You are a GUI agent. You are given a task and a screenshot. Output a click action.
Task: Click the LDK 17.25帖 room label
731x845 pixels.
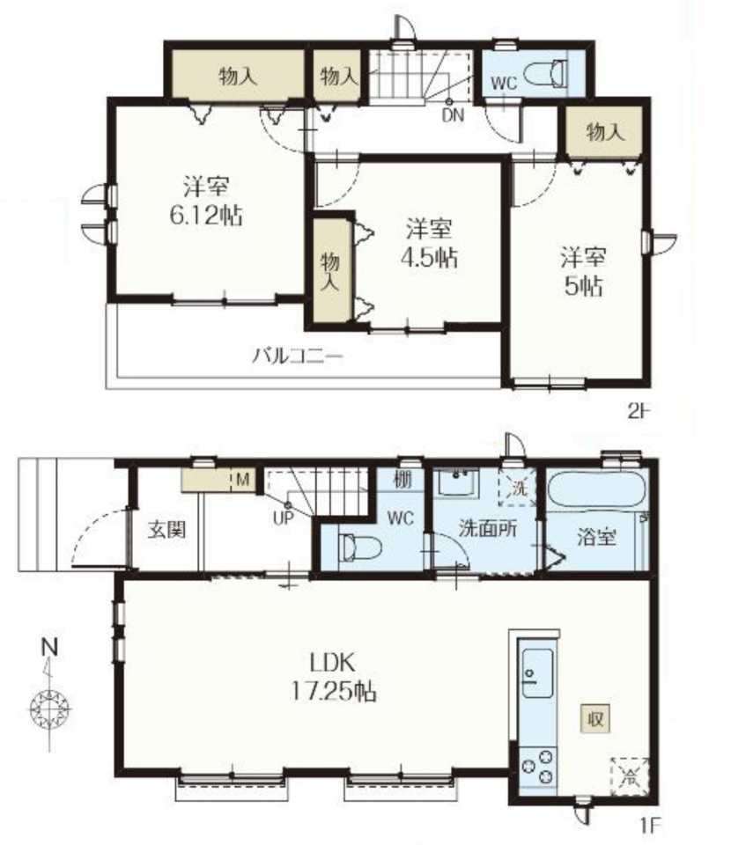pyautogui.click(x=334, y=676)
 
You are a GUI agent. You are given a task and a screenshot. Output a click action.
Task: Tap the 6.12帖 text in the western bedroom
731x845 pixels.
pyautogui.click(x=206, y=216)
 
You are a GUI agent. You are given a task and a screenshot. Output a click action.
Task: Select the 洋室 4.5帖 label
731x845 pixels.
pyautogui.click(x=429, y=244)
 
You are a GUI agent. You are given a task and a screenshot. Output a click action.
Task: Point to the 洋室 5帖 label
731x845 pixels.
pyautogui.click(x=583, y=272)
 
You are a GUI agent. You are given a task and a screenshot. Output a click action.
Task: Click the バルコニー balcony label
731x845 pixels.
pyautogui.click(x=298, y=356)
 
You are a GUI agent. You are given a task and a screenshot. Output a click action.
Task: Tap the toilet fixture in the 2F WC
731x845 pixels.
pyautogui.click(x=545, y=73)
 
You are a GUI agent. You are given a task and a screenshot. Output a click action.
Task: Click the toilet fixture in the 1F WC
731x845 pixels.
pyautogui.click(x=359, y=548)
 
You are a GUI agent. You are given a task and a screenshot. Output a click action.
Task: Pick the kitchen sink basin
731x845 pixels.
pyautogui.click(x=537, y=673)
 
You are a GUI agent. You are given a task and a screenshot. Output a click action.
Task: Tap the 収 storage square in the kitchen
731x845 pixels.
pyautogui.click(x=595, y=718)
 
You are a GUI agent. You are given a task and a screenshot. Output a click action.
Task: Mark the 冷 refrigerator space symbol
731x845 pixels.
pyautogui.click(x=629, y=776)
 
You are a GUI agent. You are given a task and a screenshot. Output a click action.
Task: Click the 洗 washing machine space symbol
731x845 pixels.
pyautogui.click(x=518, y=488)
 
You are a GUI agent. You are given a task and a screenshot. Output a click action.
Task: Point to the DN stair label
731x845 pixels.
pyautogui.click(x=453, y=114)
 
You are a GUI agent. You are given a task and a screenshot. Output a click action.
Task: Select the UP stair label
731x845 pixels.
pyautogui.click(x=284, y=518)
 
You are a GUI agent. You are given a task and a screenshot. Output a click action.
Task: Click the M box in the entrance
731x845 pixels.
pyautogui.click(x=243, y=480)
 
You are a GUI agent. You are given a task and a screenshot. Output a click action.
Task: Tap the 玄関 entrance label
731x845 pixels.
pyautogui.click(x=167, y=529)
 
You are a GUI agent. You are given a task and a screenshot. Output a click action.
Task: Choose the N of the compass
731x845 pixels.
pyautogui.click(x=50, y=647)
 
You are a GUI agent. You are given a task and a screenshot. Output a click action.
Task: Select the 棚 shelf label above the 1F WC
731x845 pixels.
pyautogui.click(x=402, y=479)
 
